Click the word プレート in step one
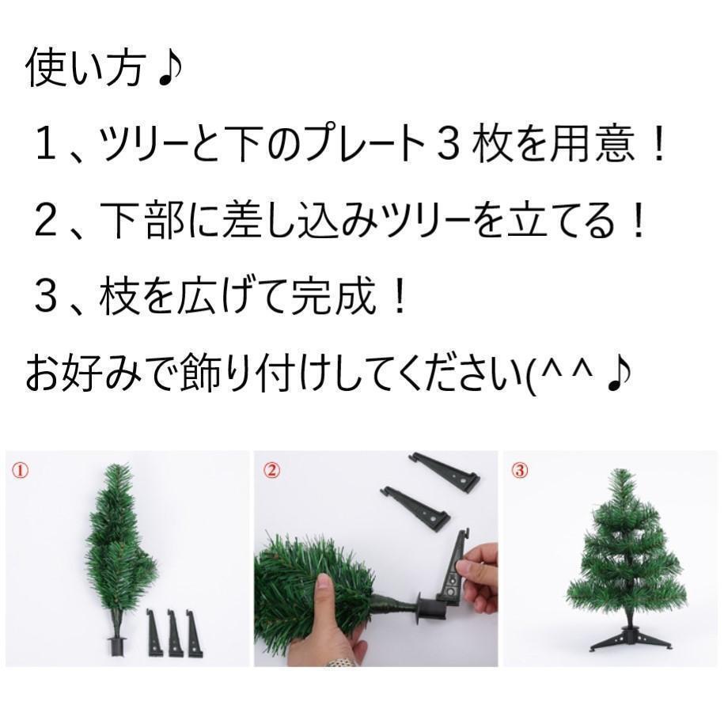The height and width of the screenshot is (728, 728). (358, 146)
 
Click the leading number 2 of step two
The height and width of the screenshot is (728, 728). (46, 222)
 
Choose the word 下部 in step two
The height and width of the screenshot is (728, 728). (133, 222)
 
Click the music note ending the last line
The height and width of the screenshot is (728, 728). (617, 374)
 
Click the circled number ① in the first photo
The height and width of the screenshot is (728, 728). (21, 470)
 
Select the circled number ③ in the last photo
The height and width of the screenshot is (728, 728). (519, 470)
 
